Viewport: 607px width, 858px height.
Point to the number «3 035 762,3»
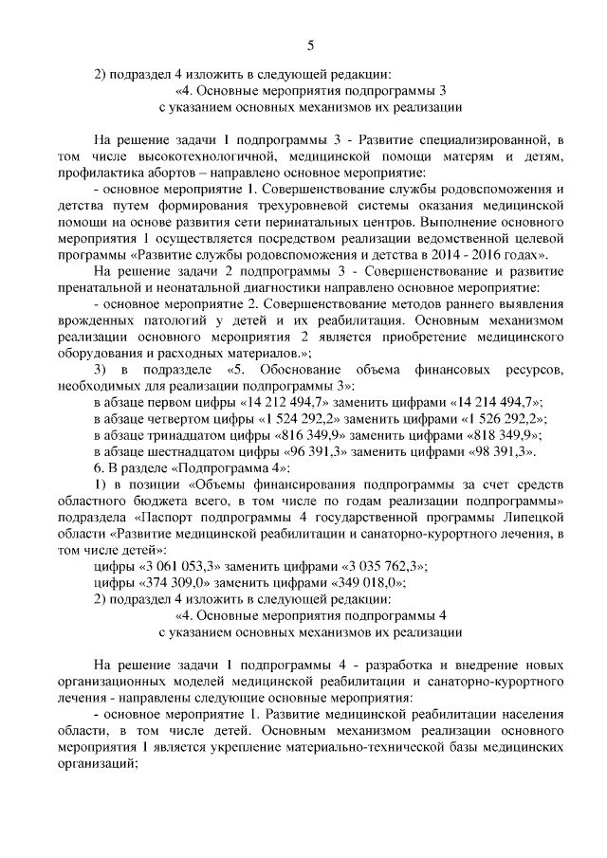(380, 565)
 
